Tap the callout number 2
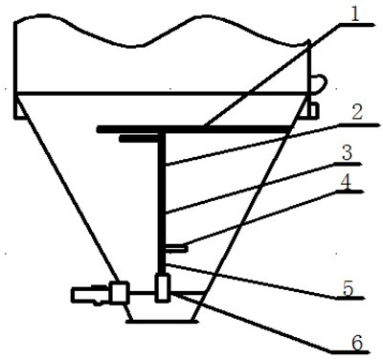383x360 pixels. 357,113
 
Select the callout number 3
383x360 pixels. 348,153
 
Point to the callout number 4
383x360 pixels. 346,182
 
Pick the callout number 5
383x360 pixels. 348,288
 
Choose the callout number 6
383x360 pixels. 357,343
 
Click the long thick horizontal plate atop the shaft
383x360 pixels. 194,129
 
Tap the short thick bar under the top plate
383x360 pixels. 140,138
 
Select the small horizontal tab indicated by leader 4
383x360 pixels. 175,248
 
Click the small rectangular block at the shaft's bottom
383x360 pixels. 163,287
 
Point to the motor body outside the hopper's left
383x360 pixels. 91,295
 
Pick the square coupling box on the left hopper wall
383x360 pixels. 120,292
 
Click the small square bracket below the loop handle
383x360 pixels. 313,111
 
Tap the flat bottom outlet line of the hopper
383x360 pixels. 162,321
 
